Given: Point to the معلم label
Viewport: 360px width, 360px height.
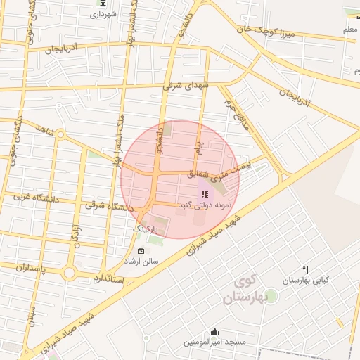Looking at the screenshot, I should (349, 30).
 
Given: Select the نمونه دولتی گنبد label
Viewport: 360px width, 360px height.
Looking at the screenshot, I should (203, 205).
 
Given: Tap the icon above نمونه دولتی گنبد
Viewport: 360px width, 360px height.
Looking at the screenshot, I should (204, 194).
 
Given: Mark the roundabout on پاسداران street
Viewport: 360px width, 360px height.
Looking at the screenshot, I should (70, 273).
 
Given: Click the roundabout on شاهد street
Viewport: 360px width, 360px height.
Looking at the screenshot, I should (60, 134).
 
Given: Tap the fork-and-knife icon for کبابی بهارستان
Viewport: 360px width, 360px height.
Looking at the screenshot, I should (305, 269).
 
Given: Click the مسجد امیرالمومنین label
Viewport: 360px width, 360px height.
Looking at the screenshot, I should (215, 342).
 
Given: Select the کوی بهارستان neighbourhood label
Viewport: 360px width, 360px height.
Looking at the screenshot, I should (243, 290).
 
